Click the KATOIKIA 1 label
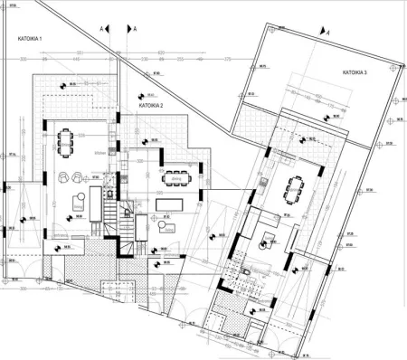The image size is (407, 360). coord(33,41)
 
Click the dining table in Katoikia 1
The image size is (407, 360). coord(66,142)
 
